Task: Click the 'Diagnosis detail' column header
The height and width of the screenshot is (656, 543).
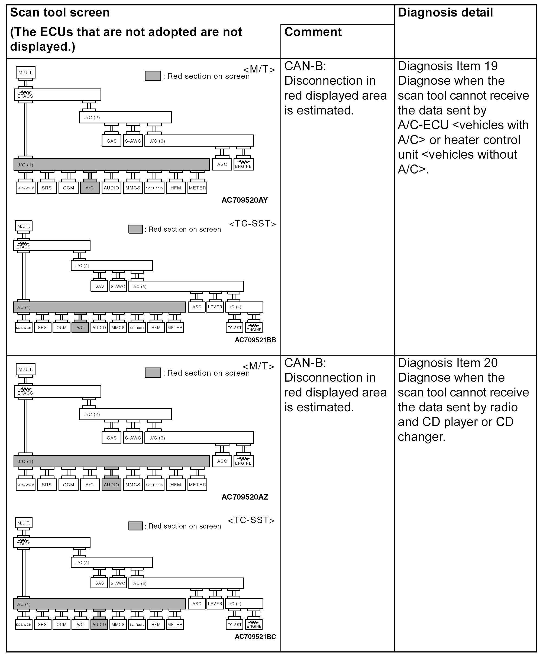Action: point(445,13)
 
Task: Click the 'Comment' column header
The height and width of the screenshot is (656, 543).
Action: point(313,32)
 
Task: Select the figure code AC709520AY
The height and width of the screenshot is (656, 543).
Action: point(245,200)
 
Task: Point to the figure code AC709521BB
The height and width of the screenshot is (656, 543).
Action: point(255,340)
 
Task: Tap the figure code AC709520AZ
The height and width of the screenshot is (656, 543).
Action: point(245,497)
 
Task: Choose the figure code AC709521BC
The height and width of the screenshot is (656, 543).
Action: point(255,637)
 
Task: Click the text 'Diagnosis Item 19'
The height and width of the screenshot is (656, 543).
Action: point(448,66)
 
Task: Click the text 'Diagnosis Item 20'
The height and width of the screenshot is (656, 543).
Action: point(448,363)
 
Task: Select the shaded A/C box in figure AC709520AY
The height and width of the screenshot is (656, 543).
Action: point(90,188)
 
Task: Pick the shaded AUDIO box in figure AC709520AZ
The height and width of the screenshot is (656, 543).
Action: point(111,484)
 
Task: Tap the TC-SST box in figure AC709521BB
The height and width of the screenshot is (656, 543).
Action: point(235,328)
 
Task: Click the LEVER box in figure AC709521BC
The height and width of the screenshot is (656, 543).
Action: point(215,603)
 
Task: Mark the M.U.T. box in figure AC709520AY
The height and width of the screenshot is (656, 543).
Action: point(26,73)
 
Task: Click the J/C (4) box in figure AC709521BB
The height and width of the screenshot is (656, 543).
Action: point(244,307)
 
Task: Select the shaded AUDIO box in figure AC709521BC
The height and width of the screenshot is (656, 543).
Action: point(99,624)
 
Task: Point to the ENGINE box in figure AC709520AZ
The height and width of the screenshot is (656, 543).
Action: point(243,461)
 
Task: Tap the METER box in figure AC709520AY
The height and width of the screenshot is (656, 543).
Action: point(197,188)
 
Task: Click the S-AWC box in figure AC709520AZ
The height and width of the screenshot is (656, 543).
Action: point(133,438)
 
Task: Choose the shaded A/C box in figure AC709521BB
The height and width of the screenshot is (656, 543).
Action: point(80,328)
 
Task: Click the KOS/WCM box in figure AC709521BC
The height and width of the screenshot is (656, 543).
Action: point(24,624)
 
